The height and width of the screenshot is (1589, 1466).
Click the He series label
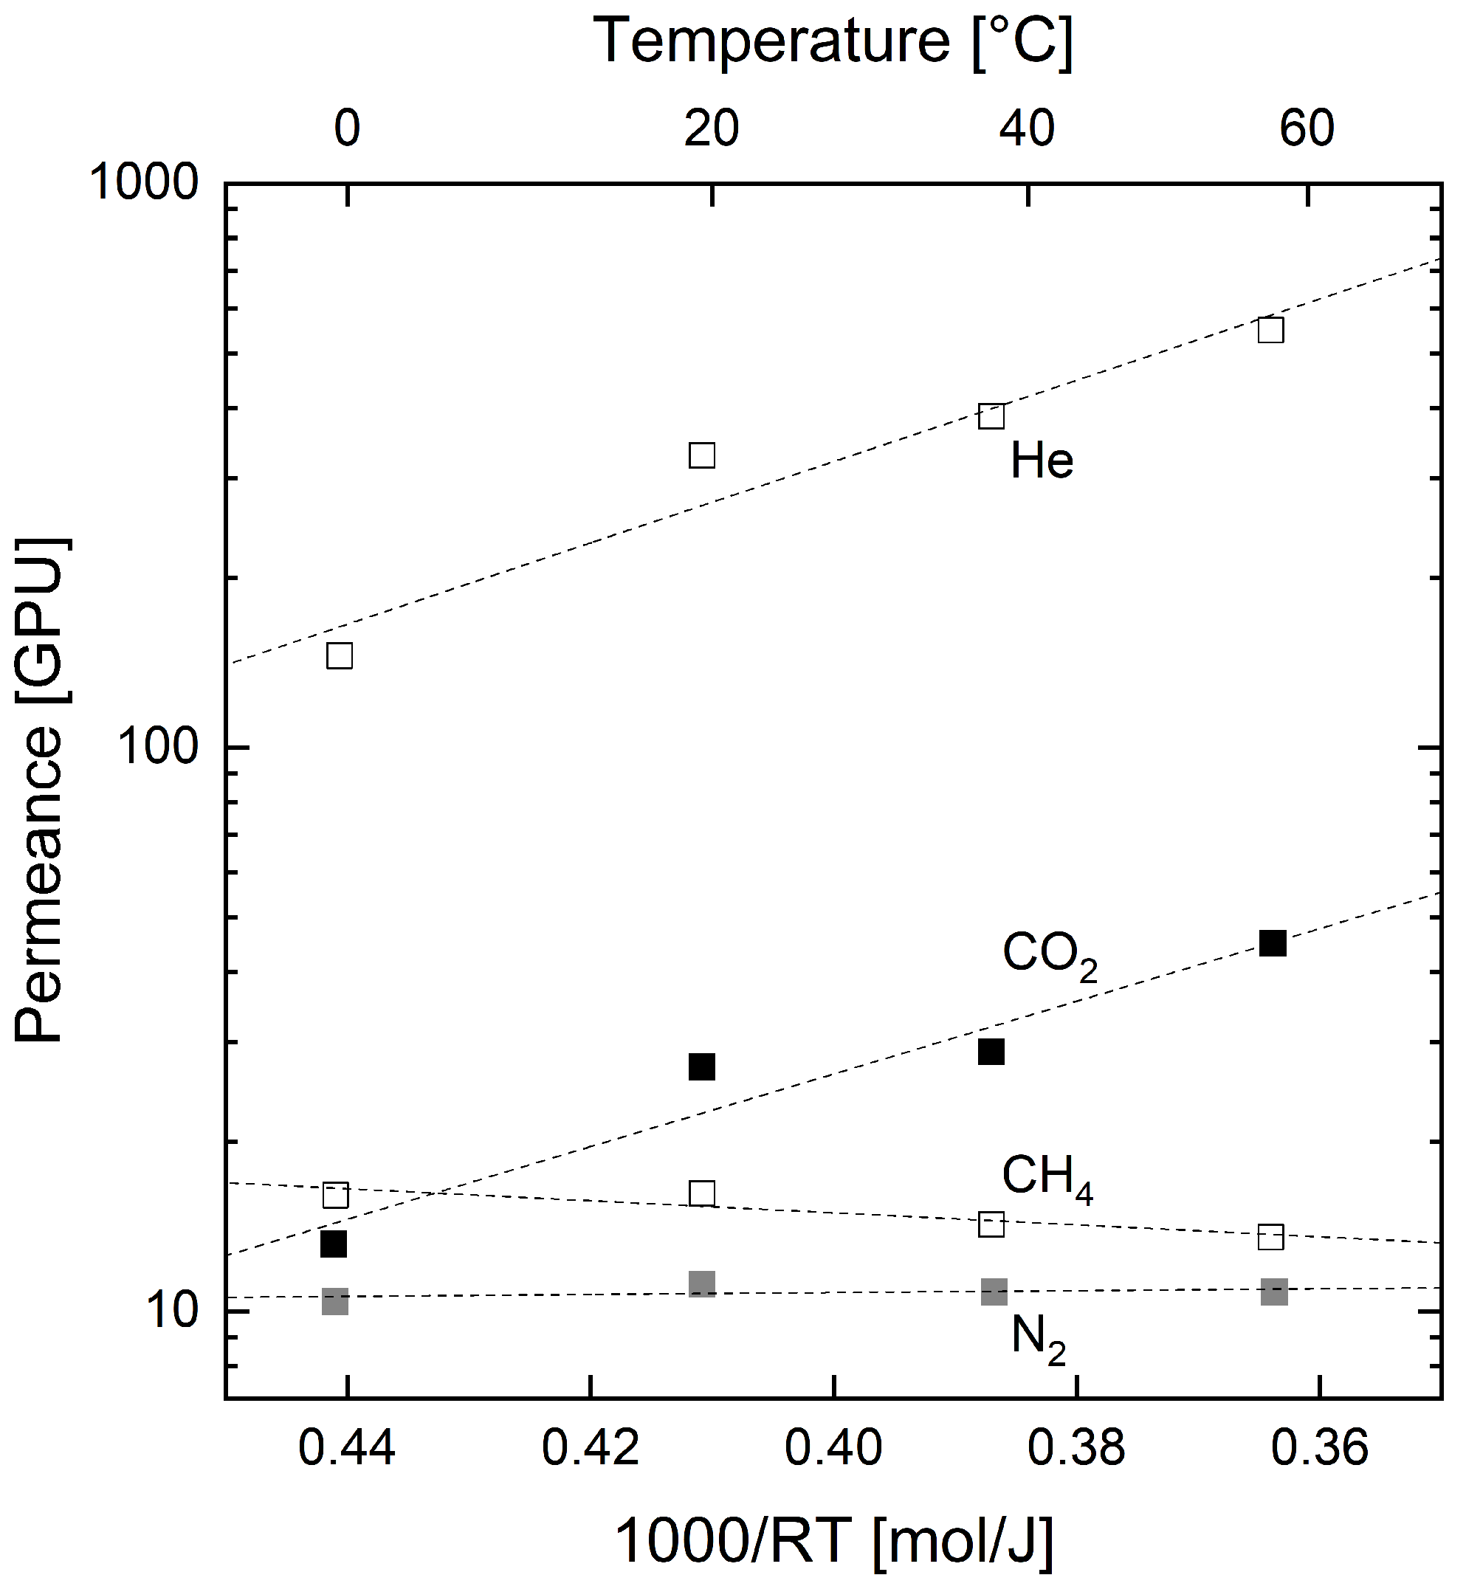(x=1042, y=461)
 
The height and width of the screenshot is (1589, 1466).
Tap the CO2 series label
(x=1049, y=955)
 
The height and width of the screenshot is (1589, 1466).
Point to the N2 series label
(x=1038, y=1340)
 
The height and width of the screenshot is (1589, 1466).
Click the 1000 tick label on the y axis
(x=144, y=184)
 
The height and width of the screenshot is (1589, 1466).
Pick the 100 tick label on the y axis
(x=157, y=748)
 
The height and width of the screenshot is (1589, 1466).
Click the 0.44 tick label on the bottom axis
(x=347, y=1448)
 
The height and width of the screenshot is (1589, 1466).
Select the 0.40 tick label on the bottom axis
(x=833, y=1448)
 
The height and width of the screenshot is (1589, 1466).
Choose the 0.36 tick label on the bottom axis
(x=1320, y=1448)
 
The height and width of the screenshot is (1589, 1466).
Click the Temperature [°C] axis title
(x=833, y=41)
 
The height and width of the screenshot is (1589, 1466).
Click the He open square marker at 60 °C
(x=1271, y=330)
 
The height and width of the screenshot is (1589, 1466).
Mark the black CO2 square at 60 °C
(x=1273, y=943)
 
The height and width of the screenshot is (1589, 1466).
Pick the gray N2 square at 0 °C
(x=335, y=1302)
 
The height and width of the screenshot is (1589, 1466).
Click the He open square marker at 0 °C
(x=340, y=656)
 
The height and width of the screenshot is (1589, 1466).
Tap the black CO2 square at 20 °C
(x=702, y=1067)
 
